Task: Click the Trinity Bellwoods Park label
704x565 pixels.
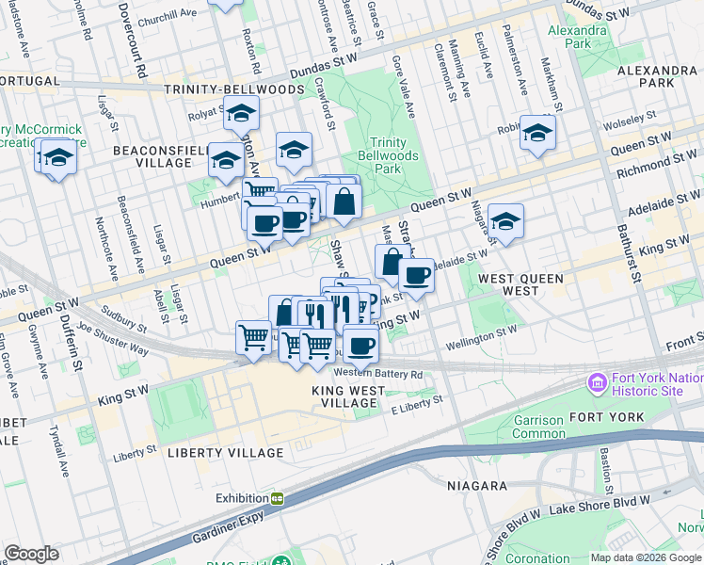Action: tap(393, 154)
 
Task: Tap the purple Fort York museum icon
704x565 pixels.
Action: tap(596, 384)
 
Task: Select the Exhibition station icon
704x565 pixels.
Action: tap(278, 498)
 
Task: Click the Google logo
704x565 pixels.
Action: tap(31, 554)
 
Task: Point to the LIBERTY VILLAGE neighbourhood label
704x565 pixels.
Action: tap(225, 453)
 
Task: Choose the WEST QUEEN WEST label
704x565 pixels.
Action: tap(520, 286)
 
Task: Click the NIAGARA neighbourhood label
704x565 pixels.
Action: tap(477, 486)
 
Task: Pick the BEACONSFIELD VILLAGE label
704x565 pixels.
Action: tap(152, 156)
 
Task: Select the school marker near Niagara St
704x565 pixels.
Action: tap(505, 221)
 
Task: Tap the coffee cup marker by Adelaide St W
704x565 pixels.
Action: tap(416, 276)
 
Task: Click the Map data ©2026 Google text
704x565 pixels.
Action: tap(646, 557)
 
